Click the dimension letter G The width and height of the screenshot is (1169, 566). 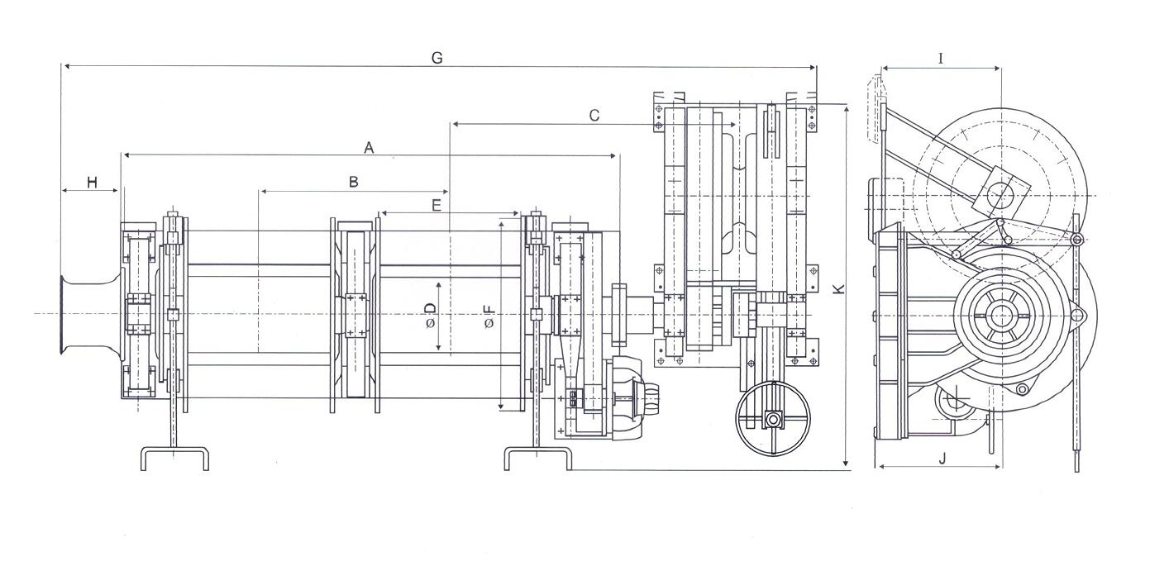(x=437, y=58)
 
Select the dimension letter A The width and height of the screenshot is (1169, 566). (x=369, y=148)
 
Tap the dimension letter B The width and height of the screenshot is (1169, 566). (x=353, y=182)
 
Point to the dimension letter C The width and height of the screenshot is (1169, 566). (x=594, y=116)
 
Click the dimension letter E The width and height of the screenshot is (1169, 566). (x=437, y=206)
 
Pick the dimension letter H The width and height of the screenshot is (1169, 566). (x=93, y=183)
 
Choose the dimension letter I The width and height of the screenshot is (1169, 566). (x=941, y=59)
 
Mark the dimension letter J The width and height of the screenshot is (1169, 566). (x=942, y=459)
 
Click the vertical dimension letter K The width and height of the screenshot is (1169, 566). (x=838, y=288)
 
